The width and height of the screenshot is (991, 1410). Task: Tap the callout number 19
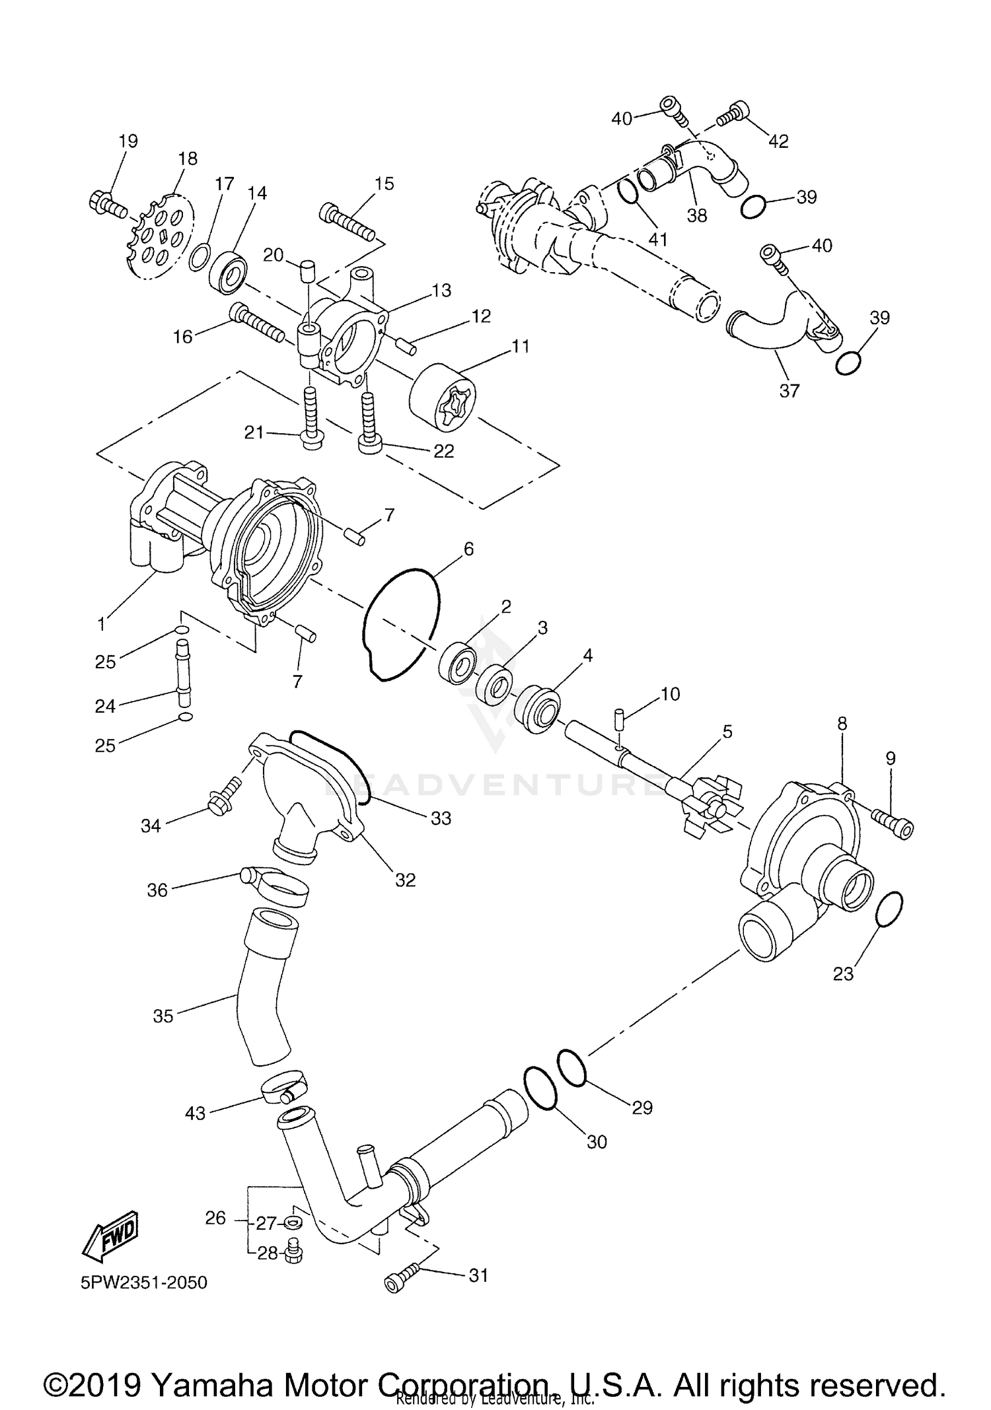point(128,141)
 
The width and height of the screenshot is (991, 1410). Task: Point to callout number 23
point(843,973)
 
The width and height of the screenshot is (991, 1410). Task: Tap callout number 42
point(778,141)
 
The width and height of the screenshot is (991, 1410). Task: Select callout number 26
point(215,1218)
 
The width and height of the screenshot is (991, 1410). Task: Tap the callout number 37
point(789,391)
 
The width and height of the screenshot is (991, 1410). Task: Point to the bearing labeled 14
point(229,271)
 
